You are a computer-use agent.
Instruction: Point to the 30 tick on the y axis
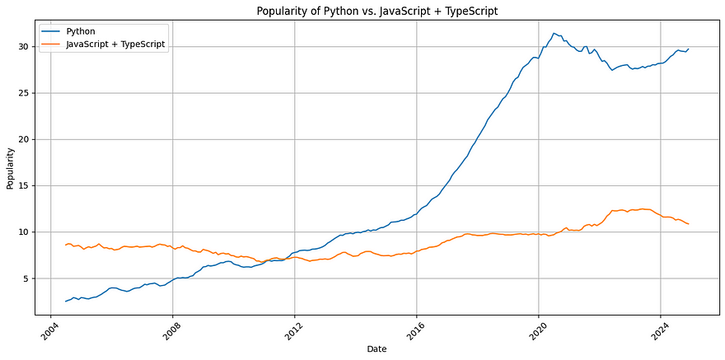(x=25, y=46)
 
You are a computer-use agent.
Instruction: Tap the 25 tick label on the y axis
(x=25, y=93)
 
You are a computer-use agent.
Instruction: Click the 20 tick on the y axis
(x=25, y=139)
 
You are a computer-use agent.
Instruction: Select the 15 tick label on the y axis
(x=25, y=185)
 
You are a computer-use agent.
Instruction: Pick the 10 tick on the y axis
(x=25, y=232)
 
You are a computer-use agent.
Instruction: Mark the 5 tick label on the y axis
(x=27, y=278)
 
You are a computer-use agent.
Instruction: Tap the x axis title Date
(x=377, y=349)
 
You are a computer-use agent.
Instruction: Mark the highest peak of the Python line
(x=554, y=33)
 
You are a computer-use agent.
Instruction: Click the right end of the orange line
(x=689, y=224)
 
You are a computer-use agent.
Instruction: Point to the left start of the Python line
(x=65, y=302)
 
